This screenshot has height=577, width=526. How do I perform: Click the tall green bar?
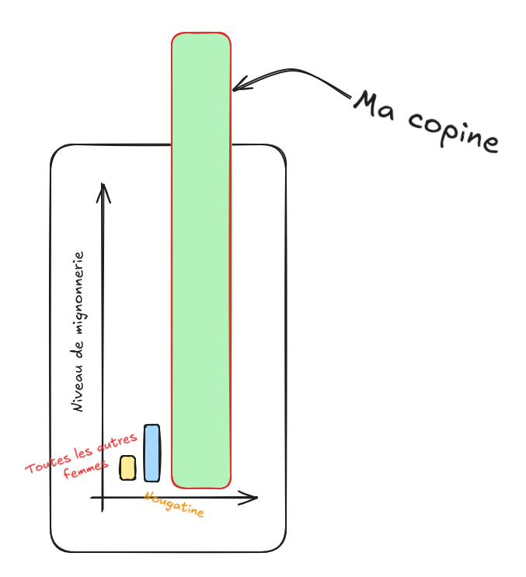pyautogui.click(x=201, y=264)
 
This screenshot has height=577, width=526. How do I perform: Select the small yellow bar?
pyautogui.click(x=127, y=468)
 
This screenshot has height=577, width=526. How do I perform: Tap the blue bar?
pyautogui.click(x=152, y=453)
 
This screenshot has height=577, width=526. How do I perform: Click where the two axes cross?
pyautogui.click(x=103, y=498)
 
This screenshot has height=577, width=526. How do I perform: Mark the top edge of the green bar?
pyautogui.click(x=201, y=33)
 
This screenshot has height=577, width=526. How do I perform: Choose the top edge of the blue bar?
pyautogui.click(x=152, y=426)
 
